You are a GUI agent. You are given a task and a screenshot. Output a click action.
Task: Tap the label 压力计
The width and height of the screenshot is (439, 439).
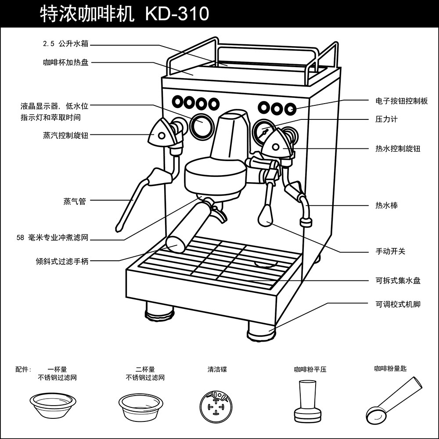[386, 119]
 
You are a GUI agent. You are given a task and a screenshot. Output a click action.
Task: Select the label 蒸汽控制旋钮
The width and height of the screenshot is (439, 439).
[65, 135]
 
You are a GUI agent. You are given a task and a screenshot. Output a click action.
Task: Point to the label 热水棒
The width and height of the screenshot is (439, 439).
[386, 205]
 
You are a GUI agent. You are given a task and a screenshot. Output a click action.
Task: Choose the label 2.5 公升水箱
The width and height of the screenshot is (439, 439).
[65, 44]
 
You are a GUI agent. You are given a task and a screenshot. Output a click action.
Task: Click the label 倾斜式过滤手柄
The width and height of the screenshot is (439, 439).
[62, 261]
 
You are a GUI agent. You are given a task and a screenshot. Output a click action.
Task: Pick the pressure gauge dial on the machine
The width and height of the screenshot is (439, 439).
[264, 130]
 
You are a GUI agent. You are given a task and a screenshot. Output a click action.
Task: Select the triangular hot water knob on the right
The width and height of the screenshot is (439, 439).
[277, 145]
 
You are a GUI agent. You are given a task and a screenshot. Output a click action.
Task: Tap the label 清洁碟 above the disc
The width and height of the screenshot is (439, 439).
[217, 370]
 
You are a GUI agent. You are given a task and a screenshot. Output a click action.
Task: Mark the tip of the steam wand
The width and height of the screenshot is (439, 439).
[118, 227]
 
